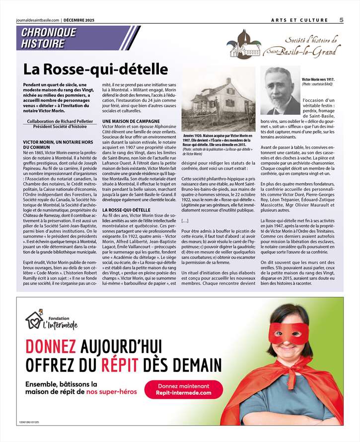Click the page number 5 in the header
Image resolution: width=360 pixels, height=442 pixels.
pos(341,20)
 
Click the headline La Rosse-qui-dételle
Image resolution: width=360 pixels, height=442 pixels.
pos(95,70)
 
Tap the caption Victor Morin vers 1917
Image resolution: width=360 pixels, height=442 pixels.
pos(318,79)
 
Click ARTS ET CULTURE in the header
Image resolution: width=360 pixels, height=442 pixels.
pos(299,20)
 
